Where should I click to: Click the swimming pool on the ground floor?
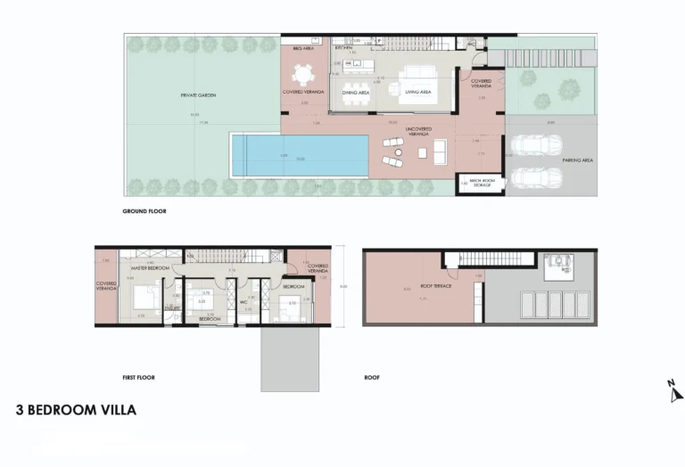pyautogui.click(x=300, y=156)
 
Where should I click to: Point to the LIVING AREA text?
pyautogui.click(x=418, y=91)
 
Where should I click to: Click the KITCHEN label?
pyautogui.click(x=344, y=48)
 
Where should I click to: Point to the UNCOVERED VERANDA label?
pyautogui.click(x=418, y=130)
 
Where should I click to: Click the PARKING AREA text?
pyautogui.click(x=581, y=161)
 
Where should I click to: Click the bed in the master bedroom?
pyautogui.click(x=144, y=297)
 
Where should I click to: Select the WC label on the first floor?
pyautogui.click(x=243, y=301)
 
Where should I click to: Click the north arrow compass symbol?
pyautogui.click(x=674, y=389)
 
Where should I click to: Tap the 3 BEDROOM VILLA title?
pyautogui.click(x=76, y=411)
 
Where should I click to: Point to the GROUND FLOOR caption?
pyautogui.click(x=144, y=212)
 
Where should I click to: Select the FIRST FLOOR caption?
pyautogui.click(x=138, y=377)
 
